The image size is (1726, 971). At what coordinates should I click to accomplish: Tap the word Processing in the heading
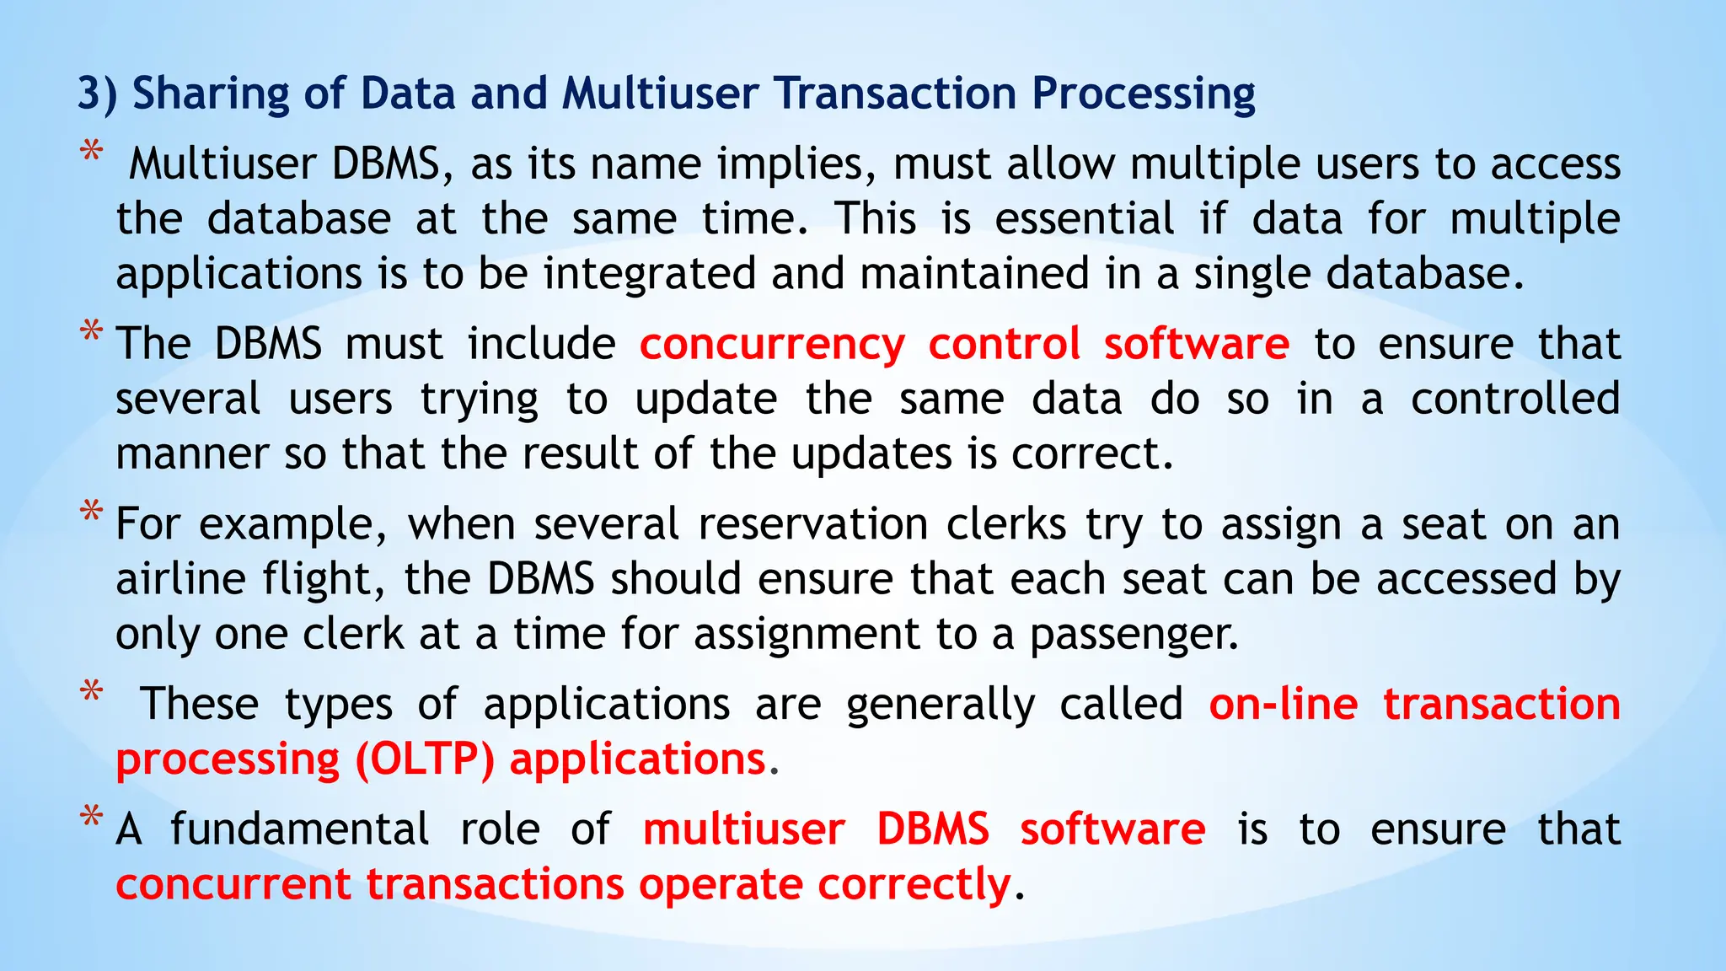point(1144,94)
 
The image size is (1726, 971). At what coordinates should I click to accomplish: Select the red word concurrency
point(771,345)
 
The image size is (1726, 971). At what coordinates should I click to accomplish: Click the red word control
point(1004,345)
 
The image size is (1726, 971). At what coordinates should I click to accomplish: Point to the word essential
point(1084,219)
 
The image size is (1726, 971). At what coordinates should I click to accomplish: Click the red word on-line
point(1283,705)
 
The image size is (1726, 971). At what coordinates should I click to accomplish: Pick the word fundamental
point(300,829)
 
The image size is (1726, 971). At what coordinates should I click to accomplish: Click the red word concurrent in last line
point(233,885)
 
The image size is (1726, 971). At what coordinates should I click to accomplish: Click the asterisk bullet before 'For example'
point(91,512)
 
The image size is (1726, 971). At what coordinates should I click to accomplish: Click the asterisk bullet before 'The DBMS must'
point(91,332)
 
